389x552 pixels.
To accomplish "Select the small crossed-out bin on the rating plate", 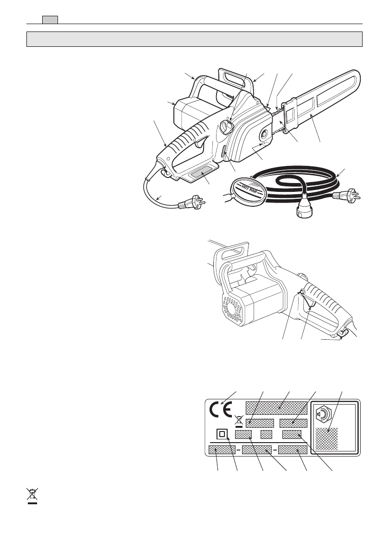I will pos(239,420).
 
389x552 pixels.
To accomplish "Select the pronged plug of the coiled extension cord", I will pos(351,194).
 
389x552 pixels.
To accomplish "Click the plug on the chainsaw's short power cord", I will pos(189,203).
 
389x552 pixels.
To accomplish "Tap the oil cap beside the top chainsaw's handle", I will pos(226,127).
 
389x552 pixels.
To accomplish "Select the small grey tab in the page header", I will pos(50,19).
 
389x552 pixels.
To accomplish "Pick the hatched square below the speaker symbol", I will pos(327,438).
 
